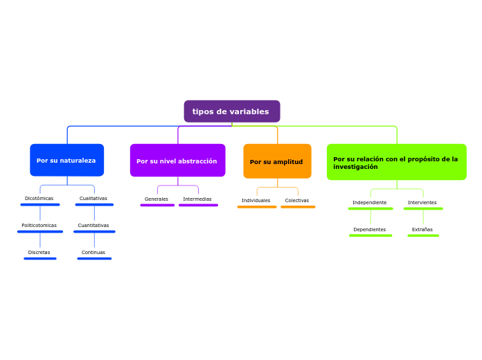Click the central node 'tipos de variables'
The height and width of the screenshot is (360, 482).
click(231, 111)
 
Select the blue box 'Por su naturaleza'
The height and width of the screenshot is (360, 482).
click(66, 161)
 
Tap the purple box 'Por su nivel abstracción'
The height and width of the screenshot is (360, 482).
click(177, 161)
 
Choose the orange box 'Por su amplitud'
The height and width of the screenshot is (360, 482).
click(277, 161)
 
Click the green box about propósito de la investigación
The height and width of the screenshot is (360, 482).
click(396, 162)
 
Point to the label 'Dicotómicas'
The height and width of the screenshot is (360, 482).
click(39, 199)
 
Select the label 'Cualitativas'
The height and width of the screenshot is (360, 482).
click(93, 199)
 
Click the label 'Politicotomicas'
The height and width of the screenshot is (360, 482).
click(39, 225)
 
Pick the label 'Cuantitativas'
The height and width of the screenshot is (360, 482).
click(93, 225)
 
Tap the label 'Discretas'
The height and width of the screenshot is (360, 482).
click(39, 252)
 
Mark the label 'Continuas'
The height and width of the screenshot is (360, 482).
click(93, 252)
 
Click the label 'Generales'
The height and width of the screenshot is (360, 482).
click(157, 199)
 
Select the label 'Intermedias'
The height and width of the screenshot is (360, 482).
click(197, 199)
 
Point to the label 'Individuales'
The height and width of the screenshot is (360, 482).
click(256, 201)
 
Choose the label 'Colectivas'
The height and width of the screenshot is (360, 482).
click(297, 201)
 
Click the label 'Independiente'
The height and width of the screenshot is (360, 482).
click(370, 202)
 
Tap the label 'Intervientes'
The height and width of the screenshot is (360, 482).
click(422, 202)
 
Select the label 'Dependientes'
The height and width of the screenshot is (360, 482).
click(370, 229)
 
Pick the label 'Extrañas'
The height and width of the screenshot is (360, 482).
click(422, 229)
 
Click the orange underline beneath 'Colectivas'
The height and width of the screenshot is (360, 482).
click(298, 207)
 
